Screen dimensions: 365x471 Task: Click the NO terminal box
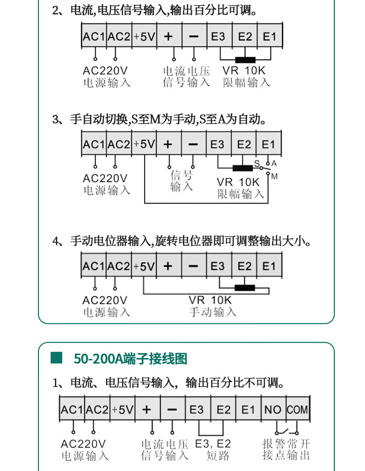point(273,410)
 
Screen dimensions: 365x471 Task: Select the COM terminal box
point(297,410)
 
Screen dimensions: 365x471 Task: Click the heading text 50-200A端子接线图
point(130,359)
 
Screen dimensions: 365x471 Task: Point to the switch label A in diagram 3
point(274,163)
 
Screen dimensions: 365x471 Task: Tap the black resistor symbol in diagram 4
point(245,287)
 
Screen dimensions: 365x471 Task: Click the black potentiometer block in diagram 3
point(242,169)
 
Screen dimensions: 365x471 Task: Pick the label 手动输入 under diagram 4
point(212,312)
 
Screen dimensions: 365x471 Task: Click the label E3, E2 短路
point(213,450)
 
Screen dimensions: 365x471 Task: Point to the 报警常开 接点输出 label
point(286,450)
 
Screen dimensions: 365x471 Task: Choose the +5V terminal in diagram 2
point(144,37)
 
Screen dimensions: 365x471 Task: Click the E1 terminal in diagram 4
point(269,266)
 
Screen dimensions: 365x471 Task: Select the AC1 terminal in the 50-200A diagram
point(72,410)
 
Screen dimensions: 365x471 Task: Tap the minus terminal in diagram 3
point(193,145)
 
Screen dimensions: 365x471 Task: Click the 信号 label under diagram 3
point(182,180)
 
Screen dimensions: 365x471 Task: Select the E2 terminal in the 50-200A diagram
point(223,410)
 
